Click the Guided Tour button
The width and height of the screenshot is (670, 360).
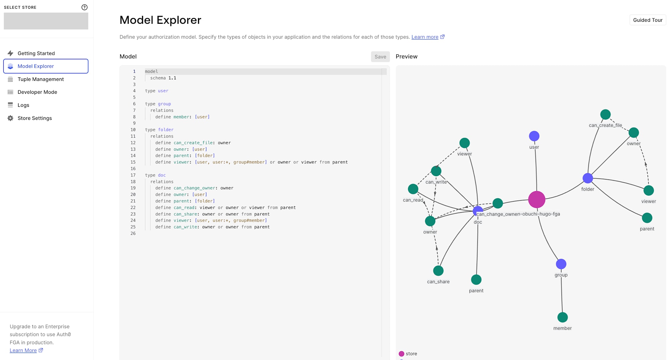point(648,20)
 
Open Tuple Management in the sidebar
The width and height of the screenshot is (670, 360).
point(41,79)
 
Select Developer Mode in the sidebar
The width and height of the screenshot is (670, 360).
point(37,92)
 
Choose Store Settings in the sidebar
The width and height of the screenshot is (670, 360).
point(35,118)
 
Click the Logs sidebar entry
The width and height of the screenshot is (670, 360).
point(23,105)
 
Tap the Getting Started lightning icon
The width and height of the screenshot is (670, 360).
point(10,53)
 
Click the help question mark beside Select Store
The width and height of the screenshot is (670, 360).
point(84,7)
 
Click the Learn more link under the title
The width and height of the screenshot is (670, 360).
point(425,37)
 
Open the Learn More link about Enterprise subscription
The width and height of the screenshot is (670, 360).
point(23,350)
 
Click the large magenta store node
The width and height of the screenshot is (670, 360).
point(537,200)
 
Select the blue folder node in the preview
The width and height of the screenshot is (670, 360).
point(588,178)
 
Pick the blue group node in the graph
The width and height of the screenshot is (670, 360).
point(561,264)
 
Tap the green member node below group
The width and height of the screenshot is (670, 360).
point(562,317)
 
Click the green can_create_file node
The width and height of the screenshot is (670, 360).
point(605,115)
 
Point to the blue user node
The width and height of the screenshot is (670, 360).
point(534,136)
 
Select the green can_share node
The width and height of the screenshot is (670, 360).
point(438,271)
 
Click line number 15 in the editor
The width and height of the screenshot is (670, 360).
point(133,162)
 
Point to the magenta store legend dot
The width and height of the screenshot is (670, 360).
point(401,354)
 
